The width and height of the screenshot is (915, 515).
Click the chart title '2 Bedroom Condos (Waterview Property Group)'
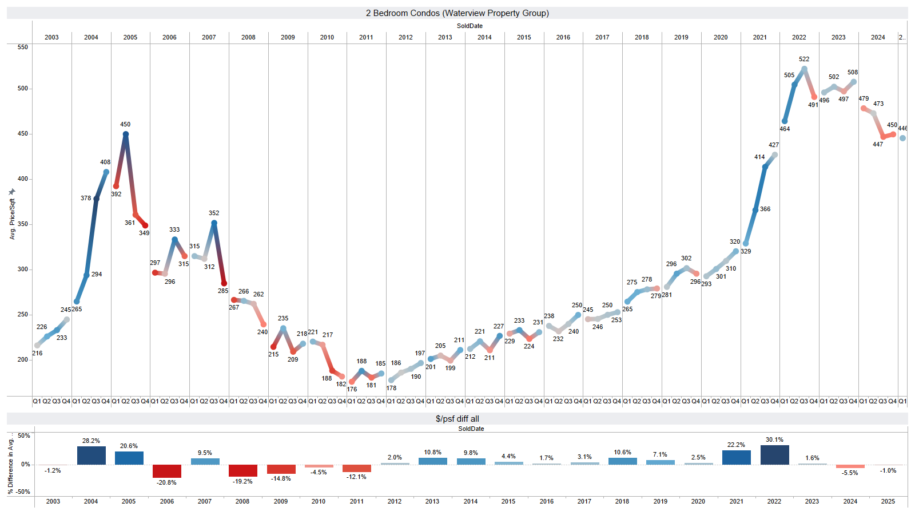457,13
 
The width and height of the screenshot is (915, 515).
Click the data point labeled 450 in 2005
126,134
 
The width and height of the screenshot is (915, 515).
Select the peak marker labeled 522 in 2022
804,69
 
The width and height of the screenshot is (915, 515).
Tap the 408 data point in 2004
106,172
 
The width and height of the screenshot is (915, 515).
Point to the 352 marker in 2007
214,223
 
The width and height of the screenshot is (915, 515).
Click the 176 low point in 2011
352,382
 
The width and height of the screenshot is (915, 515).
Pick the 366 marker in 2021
755,210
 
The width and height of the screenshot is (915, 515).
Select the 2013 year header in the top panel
445,37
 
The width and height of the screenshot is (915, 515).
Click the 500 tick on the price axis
22,89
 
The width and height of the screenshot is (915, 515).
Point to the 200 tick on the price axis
22,360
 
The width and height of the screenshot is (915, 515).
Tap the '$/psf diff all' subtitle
457,419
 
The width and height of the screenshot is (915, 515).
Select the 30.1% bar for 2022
774,455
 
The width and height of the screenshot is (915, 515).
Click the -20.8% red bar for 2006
167,471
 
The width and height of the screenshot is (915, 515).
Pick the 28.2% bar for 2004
91,455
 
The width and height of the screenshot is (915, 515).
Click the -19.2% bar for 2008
242,470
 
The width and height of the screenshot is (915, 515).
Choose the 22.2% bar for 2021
736,457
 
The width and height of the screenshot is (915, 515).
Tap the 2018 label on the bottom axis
622,501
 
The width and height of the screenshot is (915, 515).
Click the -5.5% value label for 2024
850,473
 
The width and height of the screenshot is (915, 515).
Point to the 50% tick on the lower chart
23,436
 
